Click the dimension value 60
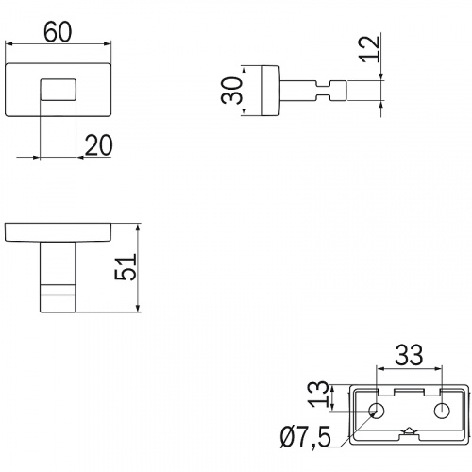point(58,32)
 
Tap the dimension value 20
point(98,145)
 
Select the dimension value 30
point(232,91)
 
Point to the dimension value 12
point(370,49)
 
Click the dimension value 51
point(126,267)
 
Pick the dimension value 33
point(409,355)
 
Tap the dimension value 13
point(318,395)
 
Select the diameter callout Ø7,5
point(306,437)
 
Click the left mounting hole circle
point(377,411)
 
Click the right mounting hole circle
point(442,411)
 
